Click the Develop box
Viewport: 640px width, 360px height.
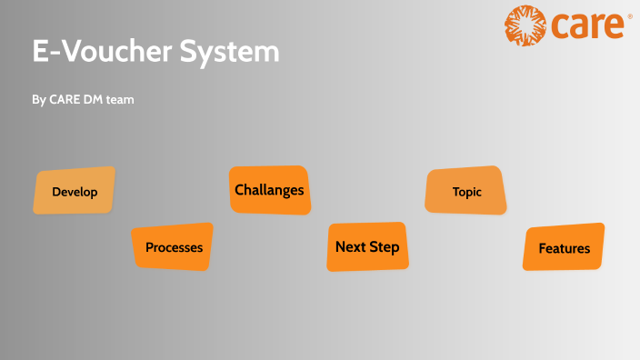[75, 191]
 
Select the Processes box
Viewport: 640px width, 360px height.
[173, 246]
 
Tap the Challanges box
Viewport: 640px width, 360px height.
[269, 190]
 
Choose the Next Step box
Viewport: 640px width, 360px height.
[367, 246]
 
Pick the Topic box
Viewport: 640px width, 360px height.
[466, 191]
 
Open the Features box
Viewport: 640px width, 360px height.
[564, 247]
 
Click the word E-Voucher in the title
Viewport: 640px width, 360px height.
[98, 52]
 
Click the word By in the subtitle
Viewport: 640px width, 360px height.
[39, 100]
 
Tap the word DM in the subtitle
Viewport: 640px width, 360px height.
[96, 100]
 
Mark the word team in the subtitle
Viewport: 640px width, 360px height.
[121, 100]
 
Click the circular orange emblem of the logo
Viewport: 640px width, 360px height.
[525, 25]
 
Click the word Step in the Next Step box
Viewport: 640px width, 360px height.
[385, 247]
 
